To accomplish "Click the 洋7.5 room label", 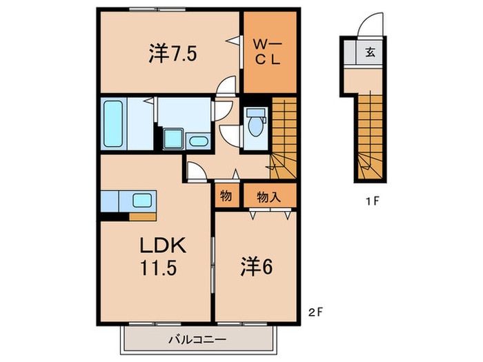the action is coord(172,54).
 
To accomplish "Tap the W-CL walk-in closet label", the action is coord(268,52).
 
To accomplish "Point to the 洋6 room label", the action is coord(256,267).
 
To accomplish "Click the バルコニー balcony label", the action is coord(197,340).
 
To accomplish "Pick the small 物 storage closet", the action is coord(227,195).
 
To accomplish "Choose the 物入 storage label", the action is coord(268,197).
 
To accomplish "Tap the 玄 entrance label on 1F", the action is coord(370,52).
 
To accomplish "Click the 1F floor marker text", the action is coord(371,201).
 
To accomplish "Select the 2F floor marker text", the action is coord(315,312).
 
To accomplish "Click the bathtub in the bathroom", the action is coord(113,123).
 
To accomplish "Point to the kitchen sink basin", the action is coord(142,201).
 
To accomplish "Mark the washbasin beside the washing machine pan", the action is coord(198,141).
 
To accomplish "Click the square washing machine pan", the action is coord(173,139).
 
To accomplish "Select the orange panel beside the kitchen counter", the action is coord(143,217).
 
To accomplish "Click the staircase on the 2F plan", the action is coord(284,138).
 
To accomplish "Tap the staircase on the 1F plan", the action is coord(371,136).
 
